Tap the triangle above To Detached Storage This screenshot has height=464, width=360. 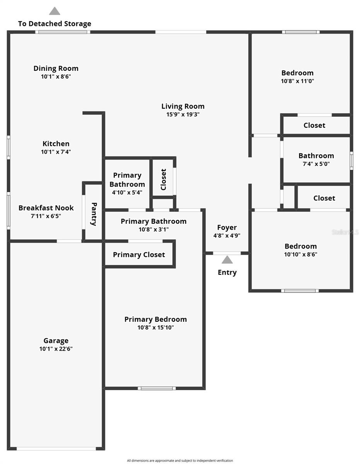pos(55,11)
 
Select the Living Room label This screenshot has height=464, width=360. pos(183,106)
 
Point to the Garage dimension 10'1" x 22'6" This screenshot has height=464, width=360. pos(56,349)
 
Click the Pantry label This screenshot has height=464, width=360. pos(94,214)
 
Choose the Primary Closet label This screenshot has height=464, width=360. pos(139,254)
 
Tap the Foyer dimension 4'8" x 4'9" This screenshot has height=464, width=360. pos(227,235)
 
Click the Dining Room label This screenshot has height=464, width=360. pos(56,68)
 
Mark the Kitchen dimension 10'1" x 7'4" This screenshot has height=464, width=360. pos(56,152)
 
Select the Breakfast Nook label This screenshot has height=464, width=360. pos(46,208)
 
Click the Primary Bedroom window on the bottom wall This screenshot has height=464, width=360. pos(157,388)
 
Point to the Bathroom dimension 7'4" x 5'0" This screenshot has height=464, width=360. pos(316,164)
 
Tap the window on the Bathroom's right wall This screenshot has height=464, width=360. pos(351,161)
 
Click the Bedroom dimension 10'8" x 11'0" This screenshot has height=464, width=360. pos(297,81)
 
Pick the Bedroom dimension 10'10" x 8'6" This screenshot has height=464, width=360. pos(300,254)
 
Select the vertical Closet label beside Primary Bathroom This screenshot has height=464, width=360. pos(163,179)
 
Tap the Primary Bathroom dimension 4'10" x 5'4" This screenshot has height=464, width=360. pos(127,193)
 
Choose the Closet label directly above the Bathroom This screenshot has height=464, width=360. pos(314,125)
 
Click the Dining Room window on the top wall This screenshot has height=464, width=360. pos(63,32)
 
